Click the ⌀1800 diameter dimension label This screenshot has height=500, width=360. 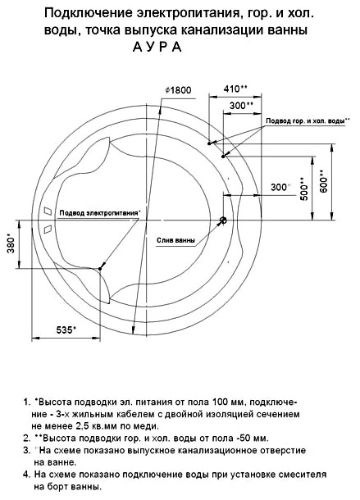point(179,90)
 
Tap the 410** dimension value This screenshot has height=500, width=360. point(235,89)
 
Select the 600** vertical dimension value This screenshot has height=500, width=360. point(323,182)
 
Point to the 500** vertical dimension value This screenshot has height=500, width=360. point(304,189)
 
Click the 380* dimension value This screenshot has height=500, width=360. point(11,244)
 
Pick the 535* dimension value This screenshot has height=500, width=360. point(66,330)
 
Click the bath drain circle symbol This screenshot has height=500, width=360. point(223,220)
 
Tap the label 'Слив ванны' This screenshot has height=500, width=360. point(175,240)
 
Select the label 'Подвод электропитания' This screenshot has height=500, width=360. point(99,213)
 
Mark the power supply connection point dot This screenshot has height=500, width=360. point(100,269)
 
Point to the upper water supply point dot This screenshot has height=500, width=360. point(209,143)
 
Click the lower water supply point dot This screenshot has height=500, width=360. point(223,156)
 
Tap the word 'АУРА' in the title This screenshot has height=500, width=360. point(157,47)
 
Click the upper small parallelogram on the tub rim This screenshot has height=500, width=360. point(48,211)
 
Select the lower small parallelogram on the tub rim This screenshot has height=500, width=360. point(48,230)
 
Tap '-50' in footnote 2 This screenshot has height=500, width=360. point(244,438)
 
